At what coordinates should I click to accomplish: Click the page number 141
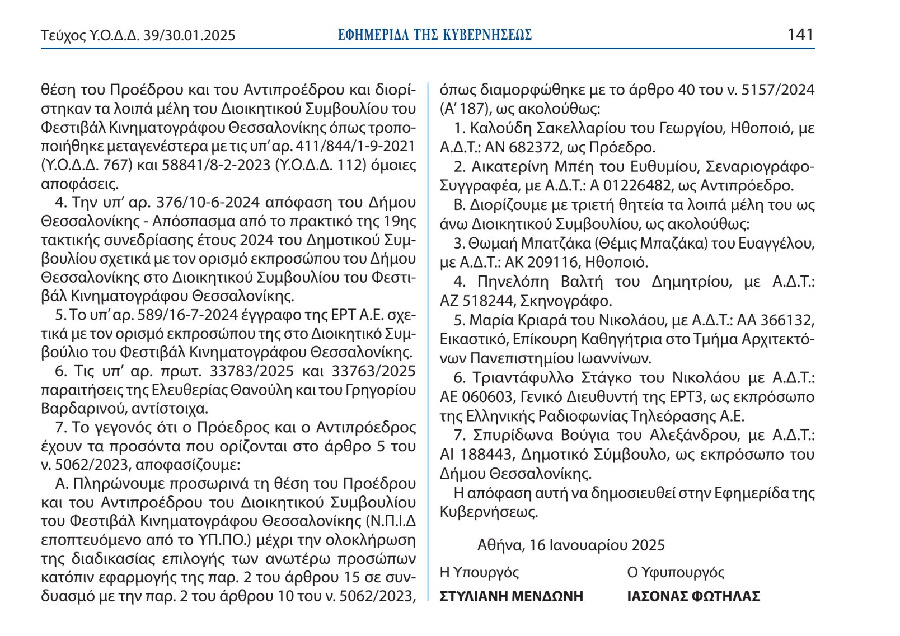click(x=800, y=35)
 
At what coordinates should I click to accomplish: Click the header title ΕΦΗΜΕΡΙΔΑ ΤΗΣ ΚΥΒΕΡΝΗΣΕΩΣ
click(x=435, y=35)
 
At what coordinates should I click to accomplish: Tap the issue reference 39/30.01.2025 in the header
click(x=189, y=36)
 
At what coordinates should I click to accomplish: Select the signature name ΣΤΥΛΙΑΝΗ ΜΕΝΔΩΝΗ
click(x=512, y=596)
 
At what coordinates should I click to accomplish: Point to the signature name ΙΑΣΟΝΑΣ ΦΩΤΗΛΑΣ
click(x=693, y=596)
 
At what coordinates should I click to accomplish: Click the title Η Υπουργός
click(x=480, y=572)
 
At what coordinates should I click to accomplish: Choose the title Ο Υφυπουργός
click(x=676, y=572)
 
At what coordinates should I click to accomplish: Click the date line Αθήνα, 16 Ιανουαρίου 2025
click(x=571, y=545)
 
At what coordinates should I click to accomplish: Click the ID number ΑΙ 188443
click(x=476, y=455)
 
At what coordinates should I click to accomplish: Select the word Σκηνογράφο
click(x=566, y=301)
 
